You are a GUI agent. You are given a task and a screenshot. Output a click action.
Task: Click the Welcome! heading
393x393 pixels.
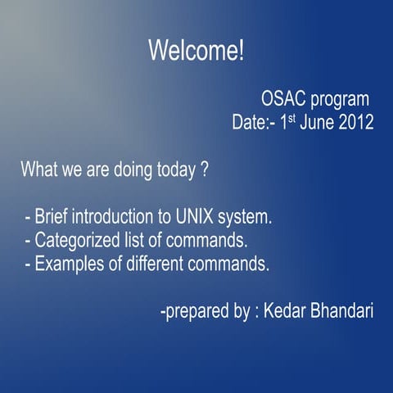(x=196, y=50)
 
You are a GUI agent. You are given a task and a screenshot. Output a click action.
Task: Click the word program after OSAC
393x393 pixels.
(x=339, y=101)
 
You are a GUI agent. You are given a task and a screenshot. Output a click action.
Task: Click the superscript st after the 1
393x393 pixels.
(x=288, y=120)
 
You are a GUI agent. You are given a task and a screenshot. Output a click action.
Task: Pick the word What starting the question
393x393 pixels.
(x=38, y=172)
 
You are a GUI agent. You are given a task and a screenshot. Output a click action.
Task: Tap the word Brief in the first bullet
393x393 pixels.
(x=52, y=219)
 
